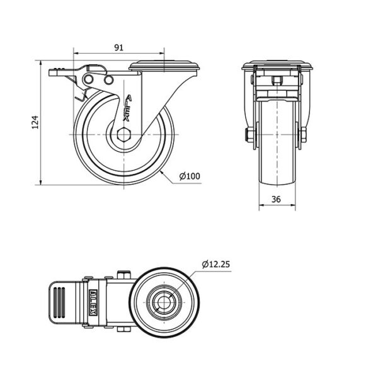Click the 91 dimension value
click(118, 47)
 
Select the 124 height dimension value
click(35, 122)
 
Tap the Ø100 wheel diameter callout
click(190, 176)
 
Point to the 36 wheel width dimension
click(277, 199)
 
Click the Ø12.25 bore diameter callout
click(216, 264)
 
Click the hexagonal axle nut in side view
click(123, 134)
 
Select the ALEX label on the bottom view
click(93, 302)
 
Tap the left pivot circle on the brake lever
click(88, 79)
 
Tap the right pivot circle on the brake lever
click(109, 80)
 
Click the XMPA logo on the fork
click(127, 108)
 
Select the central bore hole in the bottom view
click(164, 302)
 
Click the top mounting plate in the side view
click(164, 66)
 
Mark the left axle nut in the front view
click(248, 135)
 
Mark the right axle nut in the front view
click(304, 135)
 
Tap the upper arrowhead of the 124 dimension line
click(41, 63)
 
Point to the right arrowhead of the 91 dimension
click(162, 53)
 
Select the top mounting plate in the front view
click(277, 66)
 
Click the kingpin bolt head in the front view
click(277, 80)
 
